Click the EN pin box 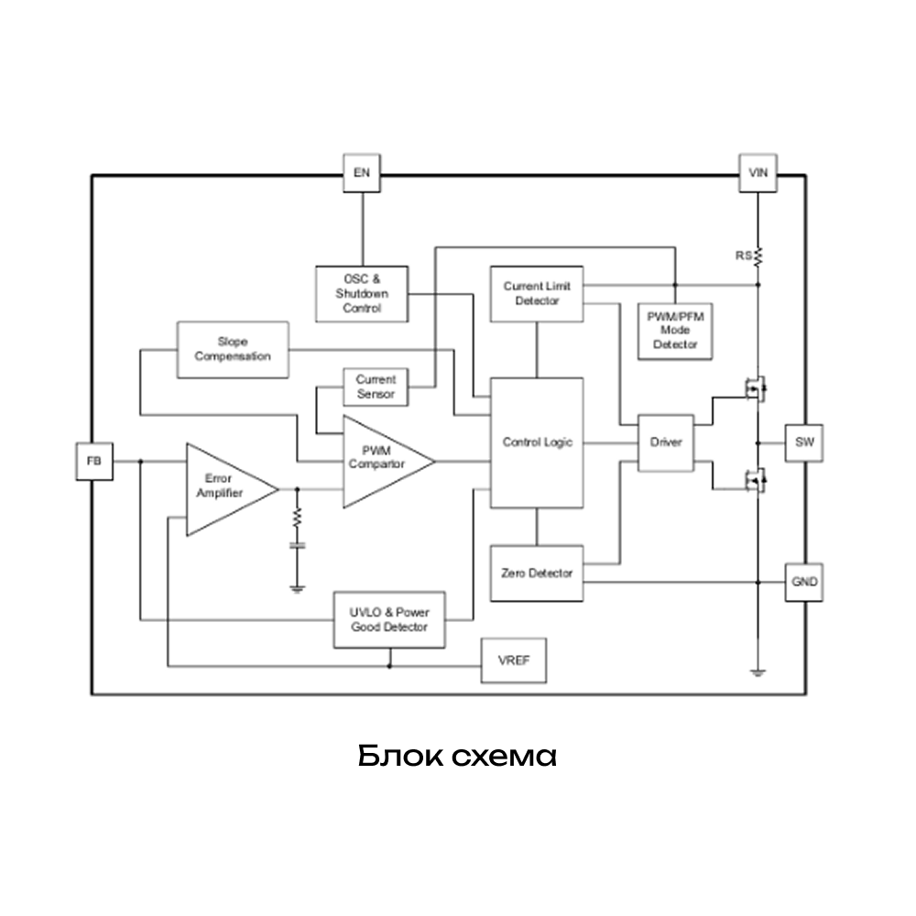tap(362, 172)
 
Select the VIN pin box tap(758, 172)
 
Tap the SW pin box tap(803, 442)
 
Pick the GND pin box tap(803, 582)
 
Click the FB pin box tap(93, 461)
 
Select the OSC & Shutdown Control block tap(361, 293)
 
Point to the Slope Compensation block tap(232, 349)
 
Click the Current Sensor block tap(376, 386)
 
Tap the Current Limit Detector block tap(537, 293)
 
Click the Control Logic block tap(537, 442)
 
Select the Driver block tap(666, 442)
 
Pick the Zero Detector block tap(537, 573)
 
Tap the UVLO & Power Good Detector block tap(389, 620)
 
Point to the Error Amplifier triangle tap(224, 489)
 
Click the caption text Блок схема tap(457, 757)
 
